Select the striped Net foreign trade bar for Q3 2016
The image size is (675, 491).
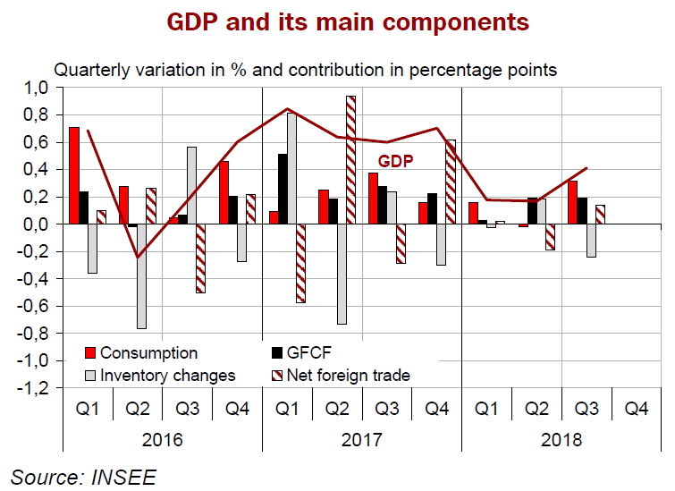point(201,258)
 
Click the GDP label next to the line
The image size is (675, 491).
point(395,162)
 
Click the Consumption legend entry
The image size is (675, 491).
point(148,352)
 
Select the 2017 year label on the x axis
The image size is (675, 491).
point(362,440)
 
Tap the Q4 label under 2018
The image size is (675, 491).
point(636,409)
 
